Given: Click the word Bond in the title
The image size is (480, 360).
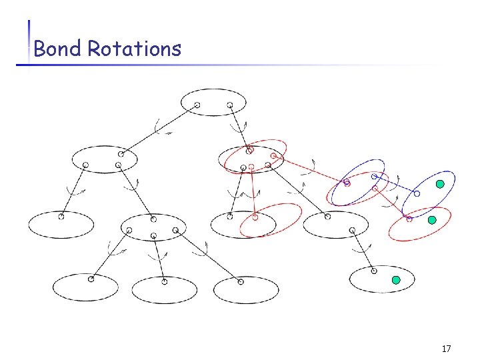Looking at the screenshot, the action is pos(57,48).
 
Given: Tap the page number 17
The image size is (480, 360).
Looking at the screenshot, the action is pos(446,349).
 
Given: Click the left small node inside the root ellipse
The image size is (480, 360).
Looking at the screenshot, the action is pos(197,105).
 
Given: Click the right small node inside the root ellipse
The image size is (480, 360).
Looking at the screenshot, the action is pos(230,105).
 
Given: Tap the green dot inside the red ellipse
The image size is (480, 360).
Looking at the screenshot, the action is pos(432,219).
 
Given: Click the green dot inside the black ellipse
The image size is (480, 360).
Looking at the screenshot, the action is pos(395,281).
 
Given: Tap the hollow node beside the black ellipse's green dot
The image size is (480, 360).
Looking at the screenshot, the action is pos(373,271).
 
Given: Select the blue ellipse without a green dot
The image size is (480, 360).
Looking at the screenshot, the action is pos(357,181).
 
